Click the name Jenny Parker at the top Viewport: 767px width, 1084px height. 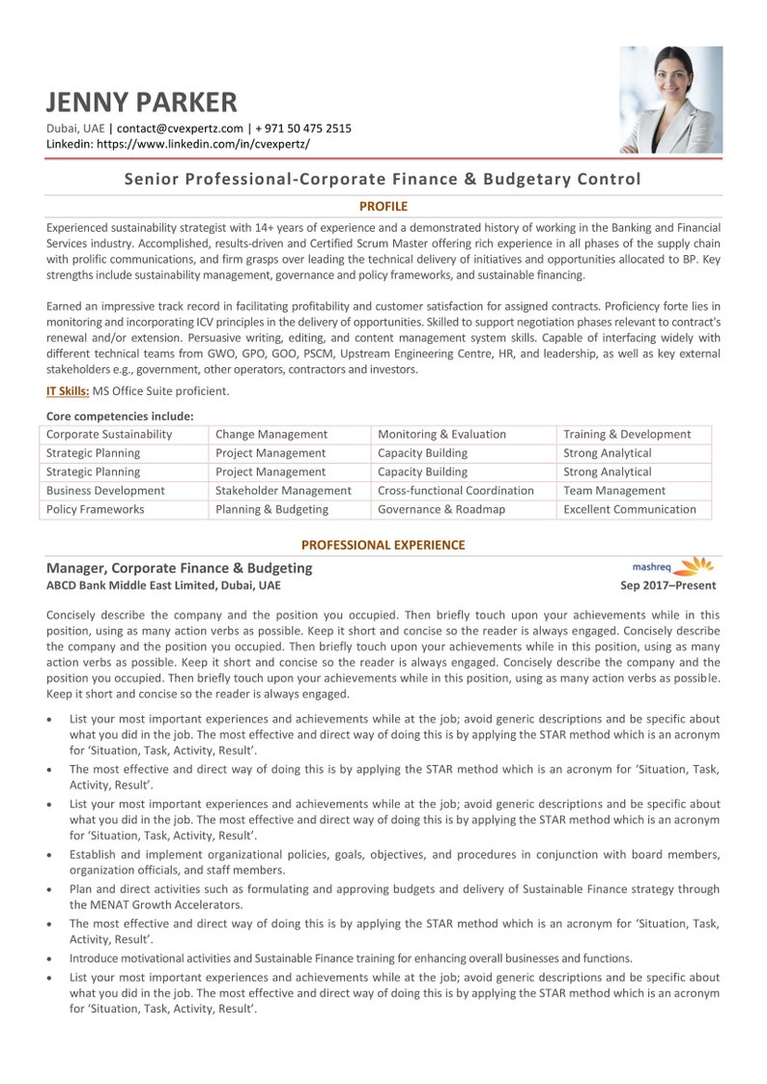click(141, 101)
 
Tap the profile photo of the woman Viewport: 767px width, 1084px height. click(670, 100)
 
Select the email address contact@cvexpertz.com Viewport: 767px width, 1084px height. click(180, 128)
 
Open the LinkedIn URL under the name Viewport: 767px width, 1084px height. click(203, 144)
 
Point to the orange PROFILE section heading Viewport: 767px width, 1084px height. click(383, 206)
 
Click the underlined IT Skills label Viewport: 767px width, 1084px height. click(68, 391)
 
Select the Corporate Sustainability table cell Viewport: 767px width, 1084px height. click(109, 435)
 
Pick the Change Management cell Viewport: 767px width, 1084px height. click(271, 435)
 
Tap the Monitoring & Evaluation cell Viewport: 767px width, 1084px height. click(441, 435)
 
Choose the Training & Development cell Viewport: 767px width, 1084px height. click(627, 435)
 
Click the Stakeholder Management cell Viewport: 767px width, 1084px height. click(283, 491)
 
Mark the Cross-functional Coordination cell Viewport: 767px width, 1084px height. click(455, 491)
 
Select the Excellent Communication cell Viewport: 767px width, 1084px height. click(629, 509)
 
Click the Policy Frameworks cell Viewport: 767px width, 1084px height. click(96, 509)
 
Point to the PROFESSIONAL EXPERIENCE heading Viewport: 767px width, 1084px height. click(383, 545)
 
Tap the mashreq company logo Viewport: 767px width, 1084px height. click(672, 566)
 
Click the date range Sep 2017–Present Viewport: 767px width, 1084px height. click(668, 585)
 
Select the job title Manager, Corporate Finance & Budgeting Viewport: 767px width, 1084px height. click(180, 568)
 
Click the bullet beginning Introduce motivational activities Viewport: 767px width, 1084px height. click(351, 958)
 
